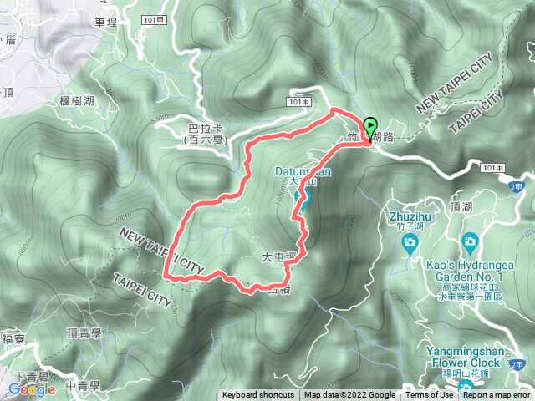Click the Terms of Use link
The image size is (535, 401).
(429, 395)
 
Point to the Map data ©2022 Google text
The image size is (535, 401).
(350, 395)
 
